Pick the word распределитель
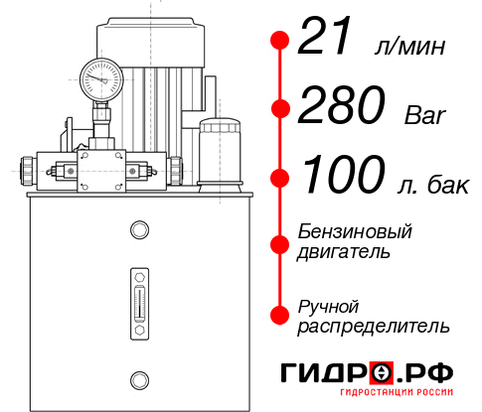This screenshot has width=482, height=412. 374,326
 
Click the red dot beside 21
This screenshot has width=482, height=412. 280,42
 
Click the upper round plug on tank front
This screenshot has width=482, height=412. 139,230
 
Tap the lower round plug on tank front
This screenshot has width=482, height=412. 139,377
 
